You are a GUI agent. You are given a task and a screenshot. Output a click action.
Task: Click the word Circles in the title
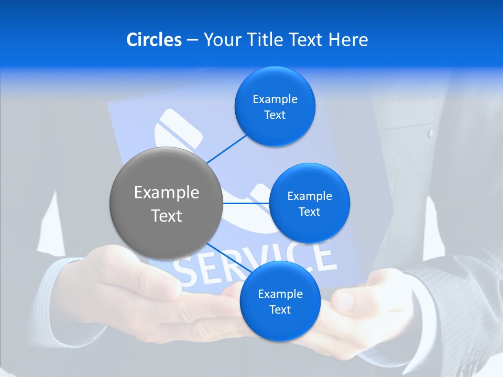pos(154,40)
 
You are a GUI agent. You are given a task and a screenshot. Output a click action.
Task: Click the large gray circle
pos(166,203)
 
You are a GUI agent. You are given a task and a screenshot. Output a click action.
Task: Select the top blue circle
pos(275,107)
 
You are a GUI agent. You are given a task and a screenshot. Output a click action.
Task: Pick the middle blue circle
pos(310,203)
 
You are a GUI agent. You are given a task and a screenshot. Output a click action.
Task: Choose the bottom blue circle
pos(280,302)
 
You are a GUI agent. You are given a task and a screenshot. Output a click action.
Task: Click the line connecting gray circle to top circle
pos(227,148)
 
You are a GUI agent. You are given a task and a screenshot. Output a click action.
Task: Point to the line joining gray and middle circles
pos(246,203)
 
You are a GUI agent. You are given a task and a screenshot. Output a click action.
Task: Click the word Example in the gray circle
pos(167,193)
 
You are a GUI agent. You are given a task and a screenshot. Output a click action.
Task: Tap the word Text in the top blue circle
pos(275,115)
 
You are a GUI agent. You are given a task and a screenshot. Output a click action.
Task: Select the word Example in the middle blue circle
pos(310,196)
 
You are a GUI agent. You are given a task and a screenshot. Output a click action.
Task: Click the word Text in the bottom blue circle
pos(280,309)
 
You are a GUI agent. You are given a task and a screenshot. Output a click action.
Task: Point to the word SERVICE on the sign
pos(257,262)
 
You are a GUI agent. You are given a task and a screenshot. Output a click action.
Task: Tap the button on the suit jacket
pos(431,134)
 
